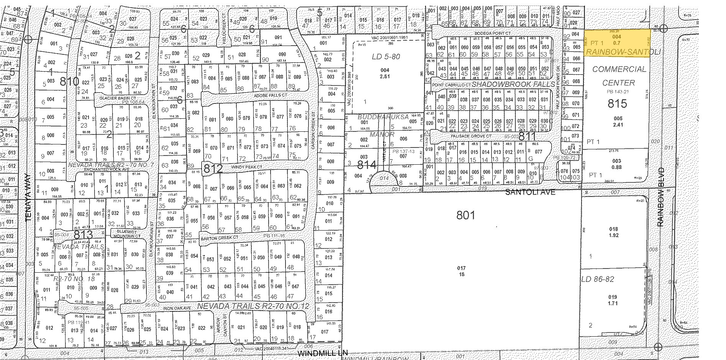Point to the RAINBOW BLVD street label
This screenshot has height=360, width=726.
pos(660,197)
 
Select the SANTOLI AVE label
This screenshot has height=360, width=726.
pos(530,192)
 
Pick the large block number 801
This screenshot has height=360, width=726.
pos(465,215)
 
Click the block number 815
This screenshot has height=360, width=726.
pos(617,103)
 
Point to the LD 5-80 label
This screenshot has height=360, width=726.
pos(385,57)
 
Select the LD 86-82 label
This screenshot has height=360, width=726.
pos(598,279)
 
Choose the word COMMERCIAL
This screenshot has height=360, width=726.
pos(619,69)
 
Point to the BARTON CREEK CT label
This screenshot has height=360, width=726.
pos(218,237)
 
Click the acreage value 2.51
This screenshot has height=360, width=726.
pos(384,76)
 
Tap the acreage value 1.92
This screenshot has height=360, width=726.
pos(613,235)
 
